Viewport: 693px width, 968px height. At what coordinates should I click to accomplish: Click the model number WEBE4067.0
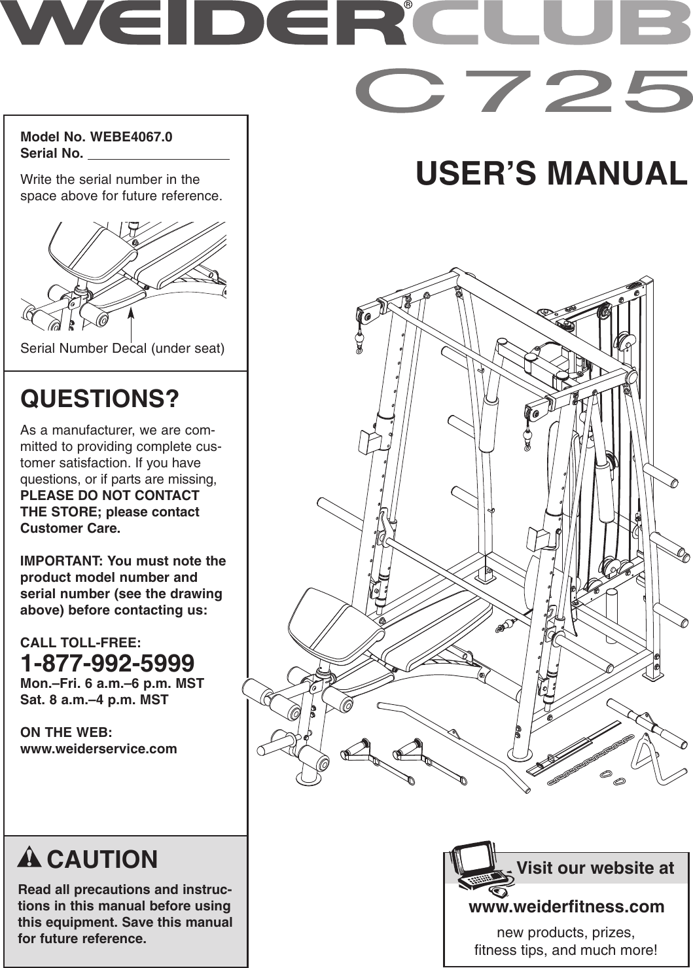[132, 137]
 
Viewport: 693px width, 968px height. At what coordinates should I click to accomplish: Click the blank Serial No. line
[158, 156]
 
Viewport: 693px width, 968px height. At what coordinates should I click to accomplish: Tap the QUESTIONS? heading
[99, 399]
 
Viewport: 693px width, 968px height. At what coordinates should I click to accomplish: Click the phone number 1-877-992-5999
[107, 663]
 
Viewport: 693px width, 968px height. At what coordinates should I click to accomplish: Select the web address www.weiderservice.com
[99, 749]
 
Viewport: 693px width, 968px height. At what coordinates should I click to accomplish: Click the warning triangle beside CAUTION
[30, 857]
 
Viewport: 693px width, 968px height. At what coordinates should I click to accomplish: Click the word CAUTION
[103, 859]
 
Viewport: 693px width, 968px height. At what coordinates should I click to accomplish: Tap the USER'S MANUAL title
[551, 173]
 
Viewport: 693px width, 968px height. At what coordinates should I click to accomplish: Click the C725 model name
[524, 92]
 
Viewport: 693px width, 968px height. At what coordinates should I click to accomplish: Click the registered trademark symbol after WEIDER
[408, 5]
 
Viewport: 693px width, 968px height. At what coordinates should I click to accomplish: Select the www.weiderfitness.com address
[566, 906]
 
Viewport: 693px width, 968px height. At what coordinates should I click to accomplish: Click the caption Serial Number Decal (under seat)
[122, 348]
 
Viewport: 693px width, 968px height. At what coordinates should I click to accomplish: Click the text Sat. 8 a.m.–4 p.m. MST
[94, 700]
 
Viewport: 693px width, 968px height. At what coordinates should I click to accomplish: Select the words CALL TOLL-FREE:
[80, 643]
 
